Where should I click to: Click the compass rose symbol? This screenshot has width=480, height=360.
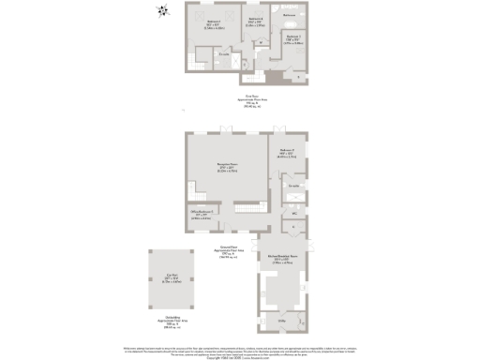(x=161, y=11)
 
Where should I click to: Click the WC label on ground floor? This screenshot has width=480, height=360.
(x=293, y=214)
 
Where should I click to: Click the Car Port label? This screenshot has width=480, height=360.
(x=170, y=280)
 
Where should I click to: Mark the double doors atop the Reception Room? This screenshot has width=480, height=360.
(x=217, y=128)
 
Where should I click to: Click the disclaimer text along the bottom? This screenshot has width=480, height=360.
(x=240, y=349)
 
